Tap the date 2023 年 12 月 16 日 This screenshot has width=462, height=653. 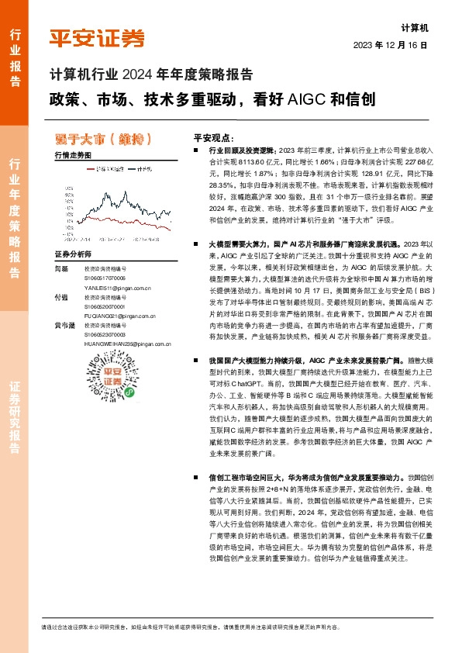391,45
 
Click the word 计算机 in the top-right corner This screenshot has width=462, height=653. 415,26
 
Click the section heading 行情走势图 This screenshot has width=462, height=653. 73,156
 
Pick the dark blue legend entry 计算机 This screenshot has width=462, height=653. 137,168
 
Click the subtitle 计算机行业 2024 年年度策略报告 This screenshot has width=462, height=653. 150,75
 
